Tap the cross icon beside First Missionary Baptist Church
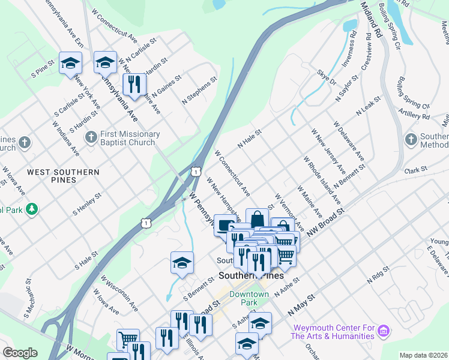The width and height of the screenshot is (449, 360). click(x=91, y=139)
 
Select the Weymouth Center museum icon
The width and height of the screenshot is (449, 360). click(x=385, y=331)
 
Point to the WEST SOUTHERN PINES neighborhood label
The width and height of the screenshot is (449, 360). click(x=63, y=176)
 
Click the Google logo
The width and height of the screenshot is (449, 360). click(x=20, y=353)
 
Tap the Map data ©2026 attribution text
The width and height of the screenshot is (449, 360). click(x=424, y=355)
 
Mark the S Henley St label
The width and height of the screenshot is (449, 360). click(x=87, y=203)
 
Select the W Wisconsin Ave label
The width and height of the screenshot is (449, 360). click(x=119, y=293)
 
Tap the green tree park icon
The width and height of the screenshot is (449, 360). click(x=31, y=209)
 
